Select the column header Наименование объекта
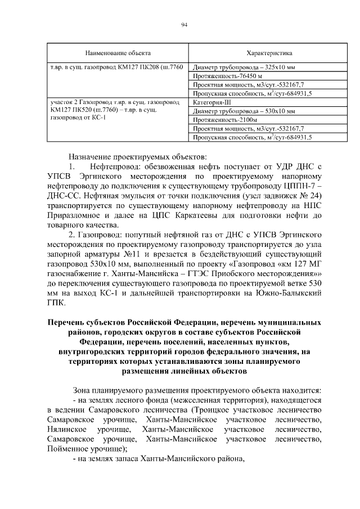point(118,53)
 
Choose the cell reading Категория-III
point(210,102)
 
